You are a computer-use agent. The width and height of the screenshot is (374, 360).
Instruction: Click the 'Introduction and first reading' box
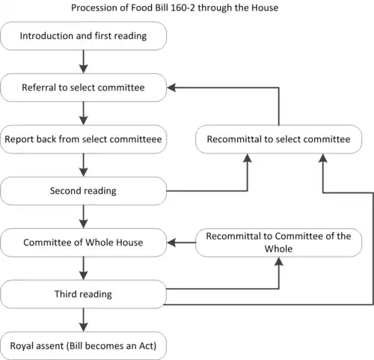83,36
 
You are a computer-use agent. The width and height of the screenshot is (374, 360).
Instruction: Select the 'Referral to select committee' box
83,88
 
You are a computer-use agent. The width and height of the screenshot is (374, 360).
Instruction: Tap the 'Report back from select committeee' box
83,139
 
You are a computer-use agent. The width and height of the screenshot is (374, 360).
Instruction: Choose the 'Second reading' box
83,191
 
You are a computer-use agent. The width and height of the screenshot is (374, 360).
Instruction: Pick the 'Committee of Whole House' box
83,242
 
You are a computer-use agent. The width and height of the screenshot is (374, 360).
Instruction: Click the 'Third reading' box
83,294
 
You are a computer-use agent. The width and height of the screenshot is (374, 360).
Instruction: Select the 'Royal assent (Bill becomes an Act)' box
83,346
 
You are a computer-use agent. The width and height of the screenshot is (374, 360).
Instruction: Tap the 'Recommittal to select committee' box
279,139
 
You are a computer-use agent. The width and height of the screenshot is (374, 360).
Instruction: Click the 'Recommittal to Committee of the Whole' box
279,242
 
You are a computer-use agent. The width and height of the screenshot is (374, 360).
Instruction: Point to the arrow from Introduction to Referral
83,62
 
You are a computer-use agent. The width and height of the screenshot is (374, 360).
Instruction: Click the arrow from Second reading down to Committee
83,217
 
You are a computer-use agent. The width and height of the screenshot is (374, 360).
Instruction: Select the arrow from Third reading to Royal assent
83,320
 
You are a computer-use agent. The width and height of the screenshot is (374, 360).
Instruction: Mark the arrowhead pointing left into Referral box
171,88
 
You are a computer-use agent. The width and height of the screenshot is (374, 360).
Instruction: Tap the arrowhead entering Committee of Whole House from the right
171,242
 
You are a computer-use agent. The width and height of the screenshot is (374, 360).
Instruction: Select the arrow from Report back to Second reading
83,165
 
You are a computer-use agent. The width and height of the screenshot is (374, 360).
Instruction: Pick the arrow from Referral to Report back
83,114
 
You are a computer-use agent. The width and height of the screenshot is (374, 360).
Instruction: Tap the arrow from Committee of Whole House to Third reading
83,269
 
